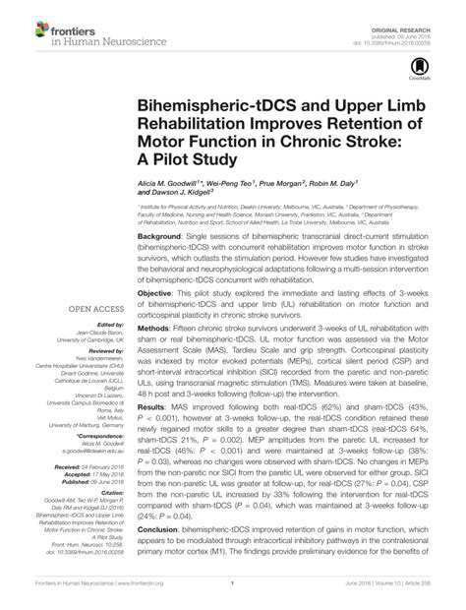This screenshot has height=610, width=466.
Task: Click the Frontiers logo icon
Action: tap(21, 24)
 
